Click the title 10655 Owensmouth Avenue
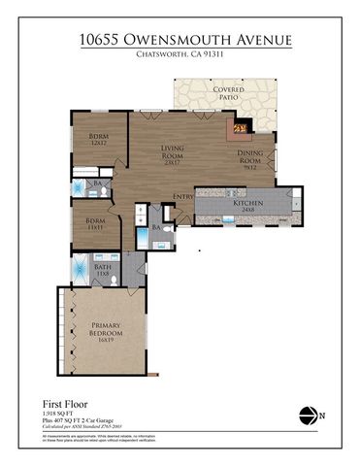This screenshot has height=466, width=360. coord(180,40)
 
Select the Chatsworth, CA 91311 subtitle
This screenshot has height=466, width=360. coord(180,56)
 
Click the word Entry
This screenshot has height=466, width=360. coord(182,198)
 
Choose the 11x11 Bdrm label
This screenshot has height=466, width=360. coord(95,223)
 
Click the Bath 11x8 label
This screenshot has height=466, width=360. coord(102,269)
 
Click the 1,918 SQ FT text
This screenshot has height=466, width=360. coord(59,413)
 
